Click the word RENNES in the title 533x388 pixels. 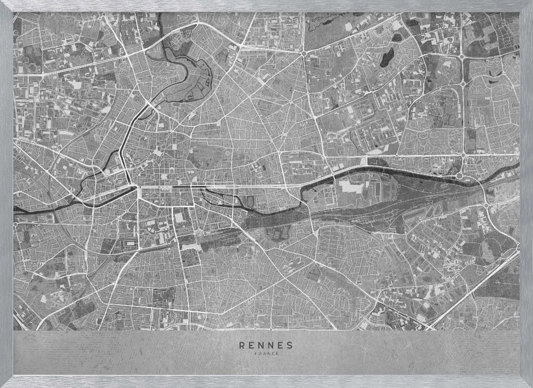[266, 345]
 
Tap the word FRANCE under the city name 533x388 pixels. [266, 352]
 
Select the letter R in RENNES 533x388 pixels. [242, 345]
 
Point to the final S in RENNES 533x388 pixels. [291, 345]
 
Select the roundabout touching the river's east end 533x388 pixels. [459, 175]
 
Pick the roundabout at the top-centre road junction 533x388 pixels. [303, 53]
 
